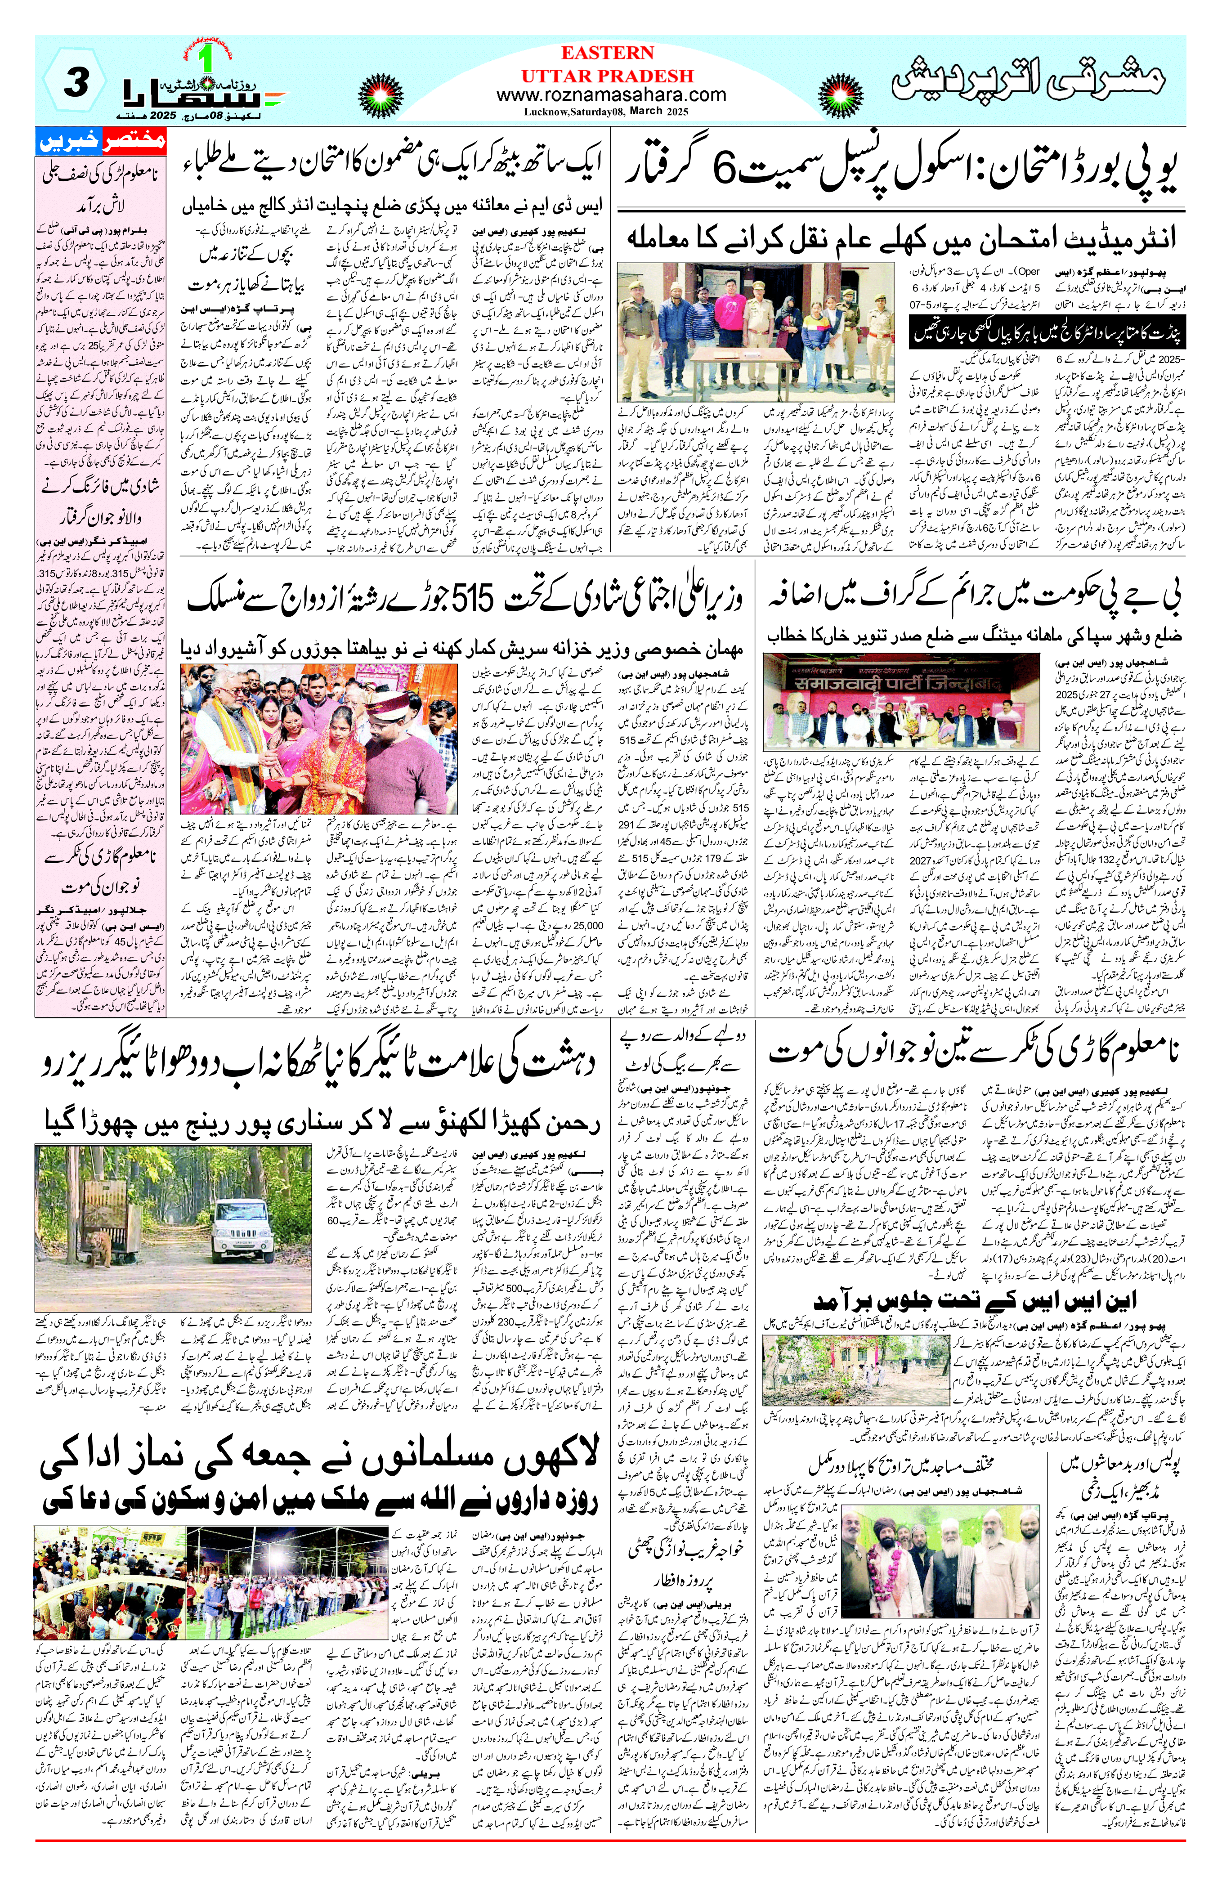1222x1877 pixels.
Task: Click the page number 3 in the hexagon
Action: pyautogui.click(x=75, y=83)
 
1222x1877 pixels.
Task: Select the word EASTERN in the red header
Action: pyautogui.click(x=607, y=53)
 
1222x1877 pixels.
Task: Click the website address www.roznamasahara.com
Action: pyautogui.click(x=611, y=94)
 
